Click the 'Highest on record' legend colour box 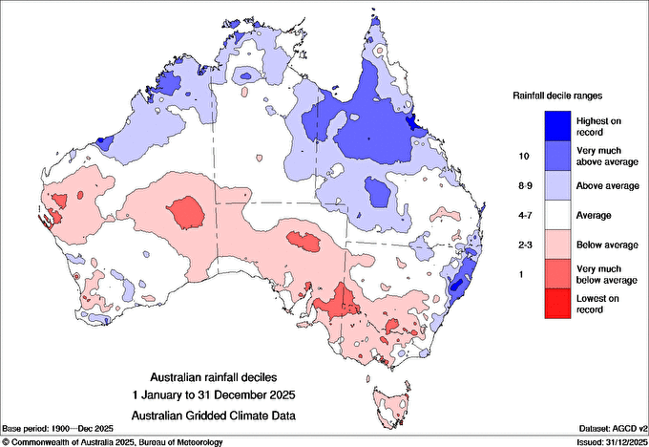click(559, 125)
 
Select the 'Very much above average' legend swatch click(559, 156)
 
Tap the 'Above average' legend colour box click(559, 185)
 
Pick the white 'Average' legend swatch click(559, 216)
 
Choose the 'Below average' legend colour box click(559, 245)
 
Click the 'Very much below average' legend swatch click(559, 275)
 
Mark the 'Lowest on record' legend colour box click(559, 305)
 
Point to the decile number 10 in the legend click(523, 156)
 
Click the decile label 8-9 click(523, 185)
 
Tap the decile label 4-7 click(523, 216)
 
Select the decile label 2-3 click(523, 245)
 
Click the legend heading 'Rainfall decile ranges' click(559, 96)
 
